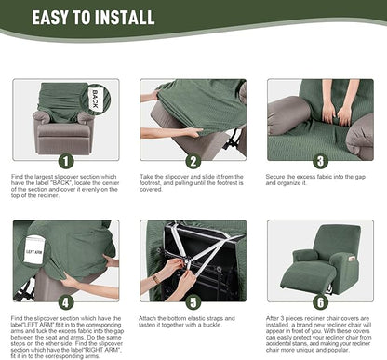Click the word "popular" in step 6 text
point(354,349)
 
